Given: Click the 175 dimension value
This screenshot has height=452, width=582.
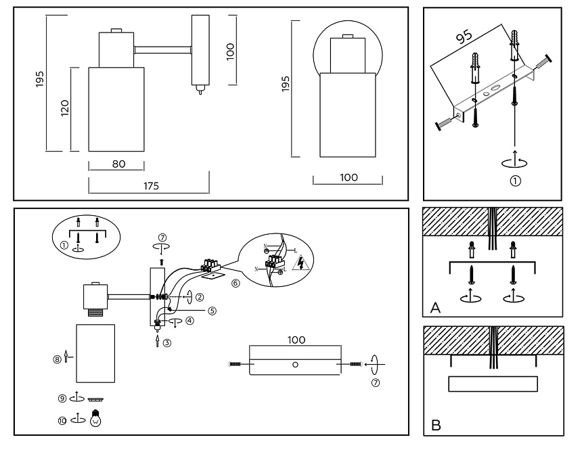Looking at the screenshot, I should pyautogui.click(x=151, y=187).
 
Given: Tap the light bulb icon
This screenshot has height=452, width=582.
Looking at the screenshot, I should pyautogui.click(x=96, y=419).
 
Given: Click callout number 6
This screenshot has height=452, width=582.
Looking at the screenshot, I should pyautogui.click(x=236, y=284).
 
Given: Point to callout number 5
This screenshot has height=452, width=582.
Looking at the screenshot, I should pyautogui.click(x=212, y=311).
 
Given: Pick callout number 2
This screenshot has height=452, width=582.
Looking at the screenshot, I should pyautogui.click(x=200, y=296).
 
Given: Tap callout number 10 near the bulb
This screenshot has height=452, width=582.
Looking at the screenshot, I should pyautogui.click(x=62, y=420).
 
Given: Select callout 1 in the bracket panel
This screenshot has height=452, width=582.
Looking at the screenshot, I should pyautogui.click(x=516, y=181).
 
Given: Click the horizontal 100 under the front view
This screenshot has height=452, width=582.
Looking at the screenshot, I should pyautogui.click(x=348, y=177).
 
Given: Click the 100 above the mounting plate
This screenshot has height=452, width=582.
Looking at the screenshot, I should pyautogui.click(x=295, y=339).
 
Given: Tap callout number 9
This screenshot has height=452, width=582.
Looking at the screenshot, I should pyautogui.click(x=62, y=399).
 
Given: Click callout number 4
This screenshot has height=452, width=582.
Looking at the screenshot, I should pyautogui.click(x=190, y=321).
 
